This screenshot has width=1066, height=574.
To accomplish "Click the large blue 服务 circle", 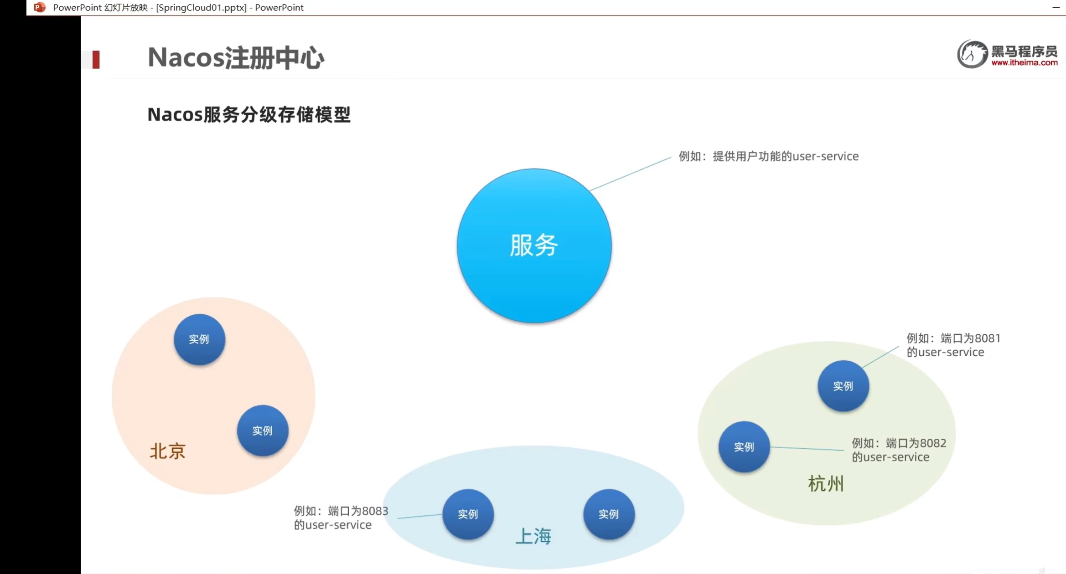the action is coord(534,246).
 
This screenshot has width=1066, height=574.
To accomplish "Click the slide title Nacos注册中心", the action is coord(236,58).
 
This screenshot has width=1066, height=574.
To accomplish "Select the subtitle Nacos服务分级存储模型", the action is coord(249,114).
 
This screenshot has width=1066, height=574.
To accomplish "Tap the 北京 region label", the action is coord(167,451).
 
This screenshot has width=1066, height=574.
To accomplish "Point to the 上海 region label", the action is coord(533,536).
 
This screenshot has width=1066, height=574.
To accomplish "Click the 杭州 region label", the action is coord(826,483).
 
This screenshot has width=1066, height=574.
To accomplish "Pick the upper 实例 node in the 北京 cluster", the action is coord(199,339).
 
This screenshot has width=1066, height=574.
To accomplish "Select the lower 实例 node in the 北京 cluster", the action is coord(263,430).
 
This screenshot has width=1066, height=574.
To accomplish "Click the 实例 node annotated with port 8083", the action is coord(468,514).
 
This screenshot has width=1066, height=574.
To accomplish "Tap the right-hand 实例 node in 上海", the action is coord(609,514).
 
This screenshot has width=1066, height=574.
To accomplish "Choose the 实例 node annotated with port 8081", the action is coord(843,386).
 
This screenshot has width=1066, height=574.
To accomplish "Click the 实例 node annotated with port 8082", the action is coord(744,447).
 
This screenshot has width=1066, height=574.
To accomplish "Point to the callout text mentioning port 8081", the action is coord(953,345).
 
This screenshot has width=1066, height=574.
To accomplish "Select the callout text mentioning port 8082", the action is coord(899,450).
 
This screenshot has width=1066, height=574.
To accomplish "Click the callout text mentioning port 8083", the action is coord(341,518).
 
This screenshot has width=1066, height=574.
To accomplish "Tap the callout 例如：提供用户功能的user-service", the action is coord(768,156).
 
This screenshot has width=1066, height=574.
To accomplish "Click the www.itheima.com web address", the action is coord(1024,63).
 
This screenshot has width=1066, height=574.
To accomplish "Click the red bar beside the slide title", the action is coord(96,60).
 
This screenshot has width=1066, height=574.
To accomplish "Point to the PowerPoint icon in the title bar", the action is coord(40,7).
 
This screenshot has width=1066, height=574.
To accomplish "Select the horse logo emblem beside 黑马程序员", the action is coord(972,54).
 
